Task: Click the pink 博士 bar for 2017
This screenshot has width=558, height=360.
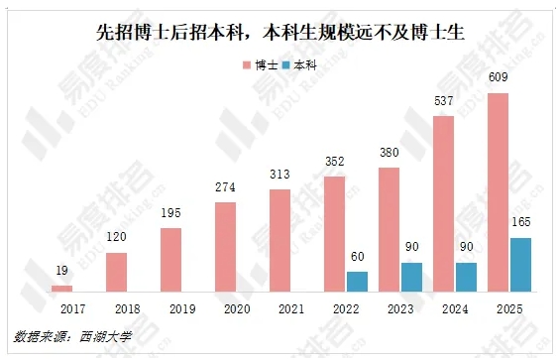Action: click(x=62, y=289)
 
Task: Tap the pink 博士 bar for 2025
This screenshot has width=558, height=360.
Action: click(x=499, y=192)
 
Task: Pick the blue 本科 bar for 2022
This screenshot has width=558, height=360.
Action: click(x=357, y=282)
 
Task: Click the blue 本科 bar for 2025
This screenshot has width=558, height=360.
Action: click(x=520, y=265)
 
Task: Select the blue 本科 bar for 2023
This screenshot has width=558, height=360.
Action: click(x=411, y=277)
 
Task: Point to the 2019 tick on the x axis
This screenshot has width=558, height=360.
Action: click(x=171, y=308)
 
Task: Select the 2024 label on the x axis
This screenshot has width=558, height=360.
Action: click(x=455, y=308)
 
